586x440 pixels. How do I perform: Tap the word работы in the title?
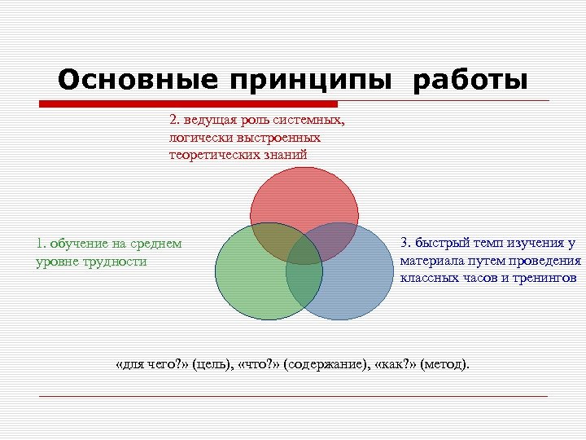click(470, 81)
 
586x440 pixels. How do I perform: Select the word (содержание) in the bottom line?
click(324, 363)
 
